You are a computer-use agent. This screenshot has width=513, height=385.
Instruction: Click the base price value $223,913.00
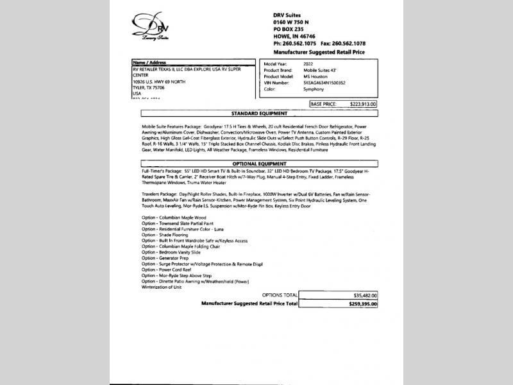[x=361, y=103]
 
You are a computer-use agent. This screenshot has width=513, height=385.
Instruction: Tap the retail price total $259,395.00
[x=362, y=303]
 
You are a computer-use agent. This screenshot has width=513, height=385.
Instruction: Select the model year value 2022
[x=309, y=64]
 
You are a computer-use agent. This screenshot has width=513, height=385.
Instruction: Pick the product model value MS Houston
[x=315, y=76]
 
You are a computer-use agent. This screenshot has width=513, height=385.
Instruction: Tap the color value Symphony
[x=314, y=89]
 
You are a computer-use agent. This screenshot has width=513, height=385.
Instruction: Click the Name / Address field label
[x=149, y=63]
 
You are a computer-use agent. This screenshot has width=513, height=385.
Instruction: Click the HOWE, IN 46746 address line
[x=295, y=37]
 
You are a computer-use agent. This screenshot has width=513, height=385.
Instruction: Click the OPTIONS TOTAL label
[x=280, y=295]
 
